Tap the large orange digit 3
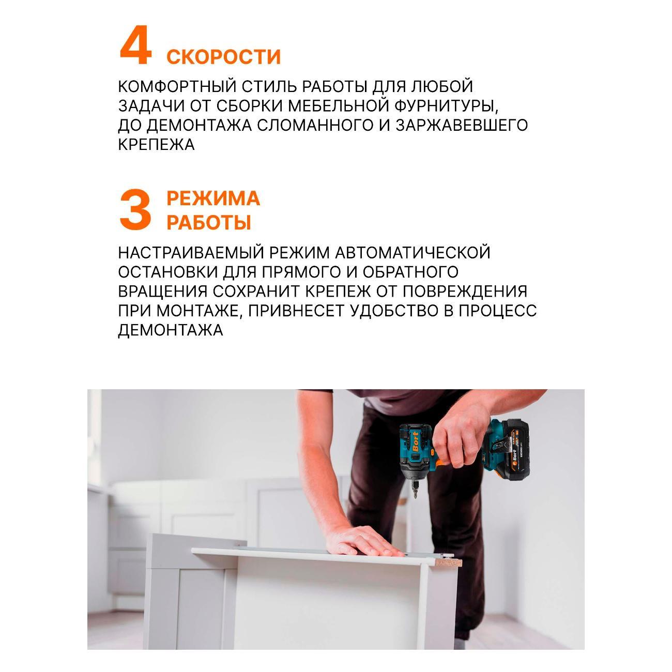click(x=135, y=210)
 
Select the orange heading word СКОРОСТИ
click(x=223, y=56)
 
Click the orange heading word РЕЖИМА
click(x=213, y=198)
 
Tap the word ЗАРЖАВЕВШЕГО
click(x=462, y=125)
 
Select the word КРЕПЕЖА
click(x=156, y=144)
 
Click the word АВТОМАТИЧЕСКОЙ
click(x=412, y=253)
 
